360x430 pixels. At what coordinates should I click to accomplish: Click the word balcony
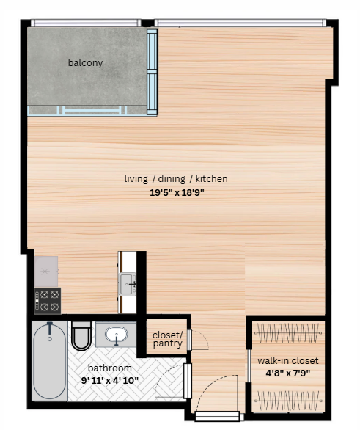tap(86, 63)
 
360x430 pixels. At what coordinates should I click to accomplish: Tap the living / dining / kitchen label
tap(176, 178)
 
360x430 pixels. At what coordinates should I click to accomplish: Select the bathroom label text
tap(110, 368)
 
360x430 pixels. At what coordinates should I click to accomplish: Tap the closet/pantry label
tap(167, 339)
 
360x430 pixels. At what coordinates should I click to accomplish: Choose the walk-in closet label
tap(287, 360)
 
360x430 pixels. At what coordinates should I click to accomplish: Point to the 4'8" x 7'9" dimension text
tap(287, 372)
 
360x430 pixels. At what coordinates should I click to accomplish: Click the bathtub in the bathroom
tap(50, 360)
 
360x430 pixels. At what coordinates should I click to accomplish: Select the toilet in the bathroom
tap(81, 335)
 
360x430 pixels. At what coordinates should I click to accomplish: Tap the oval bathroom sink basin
tap(117, 335)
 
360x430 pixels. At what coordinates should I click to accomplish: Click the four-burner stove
tap(48, 301)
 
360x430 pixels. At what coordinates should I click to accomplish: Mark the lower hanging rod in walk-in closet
tap(287, 400)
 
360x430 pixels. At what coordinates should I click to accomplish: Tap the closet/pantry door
tap(190, 340)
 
